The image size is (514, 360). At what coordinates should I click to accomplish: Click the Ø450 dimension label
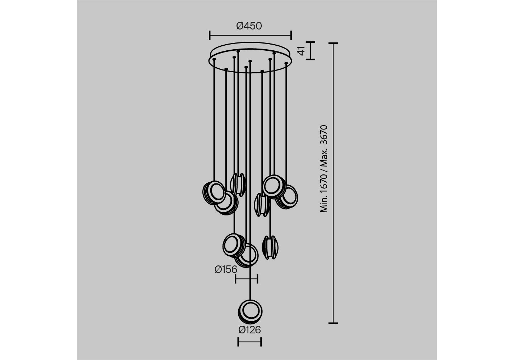(x=249, y=26)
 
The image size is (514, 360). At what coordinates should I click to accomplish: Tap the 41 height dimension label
(x=301, y=51)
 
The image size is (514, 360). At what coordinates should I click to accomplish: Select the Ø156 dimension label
(x=226, y=269)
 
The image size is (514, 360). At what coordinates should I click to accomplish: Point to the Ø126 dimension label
(x=249, y=330)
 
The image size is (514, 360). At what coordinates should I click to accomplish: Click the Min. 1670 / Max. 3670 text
(x=324, y=169)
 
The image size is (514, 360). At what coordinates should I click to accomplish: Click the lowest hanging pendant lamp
(x=250, y=312)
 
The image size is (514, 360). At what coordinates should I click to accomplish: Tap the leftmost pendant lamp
(x=214, y=193)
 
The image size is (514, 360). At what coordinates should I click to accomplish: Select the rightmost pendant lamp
(x=287, y=197)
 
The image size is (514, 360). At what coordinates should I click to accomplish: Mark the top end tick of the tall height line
(x=333, y=43)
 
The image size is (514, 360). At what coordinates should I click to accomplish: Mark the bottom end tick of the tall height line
(x=333, y=323)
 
